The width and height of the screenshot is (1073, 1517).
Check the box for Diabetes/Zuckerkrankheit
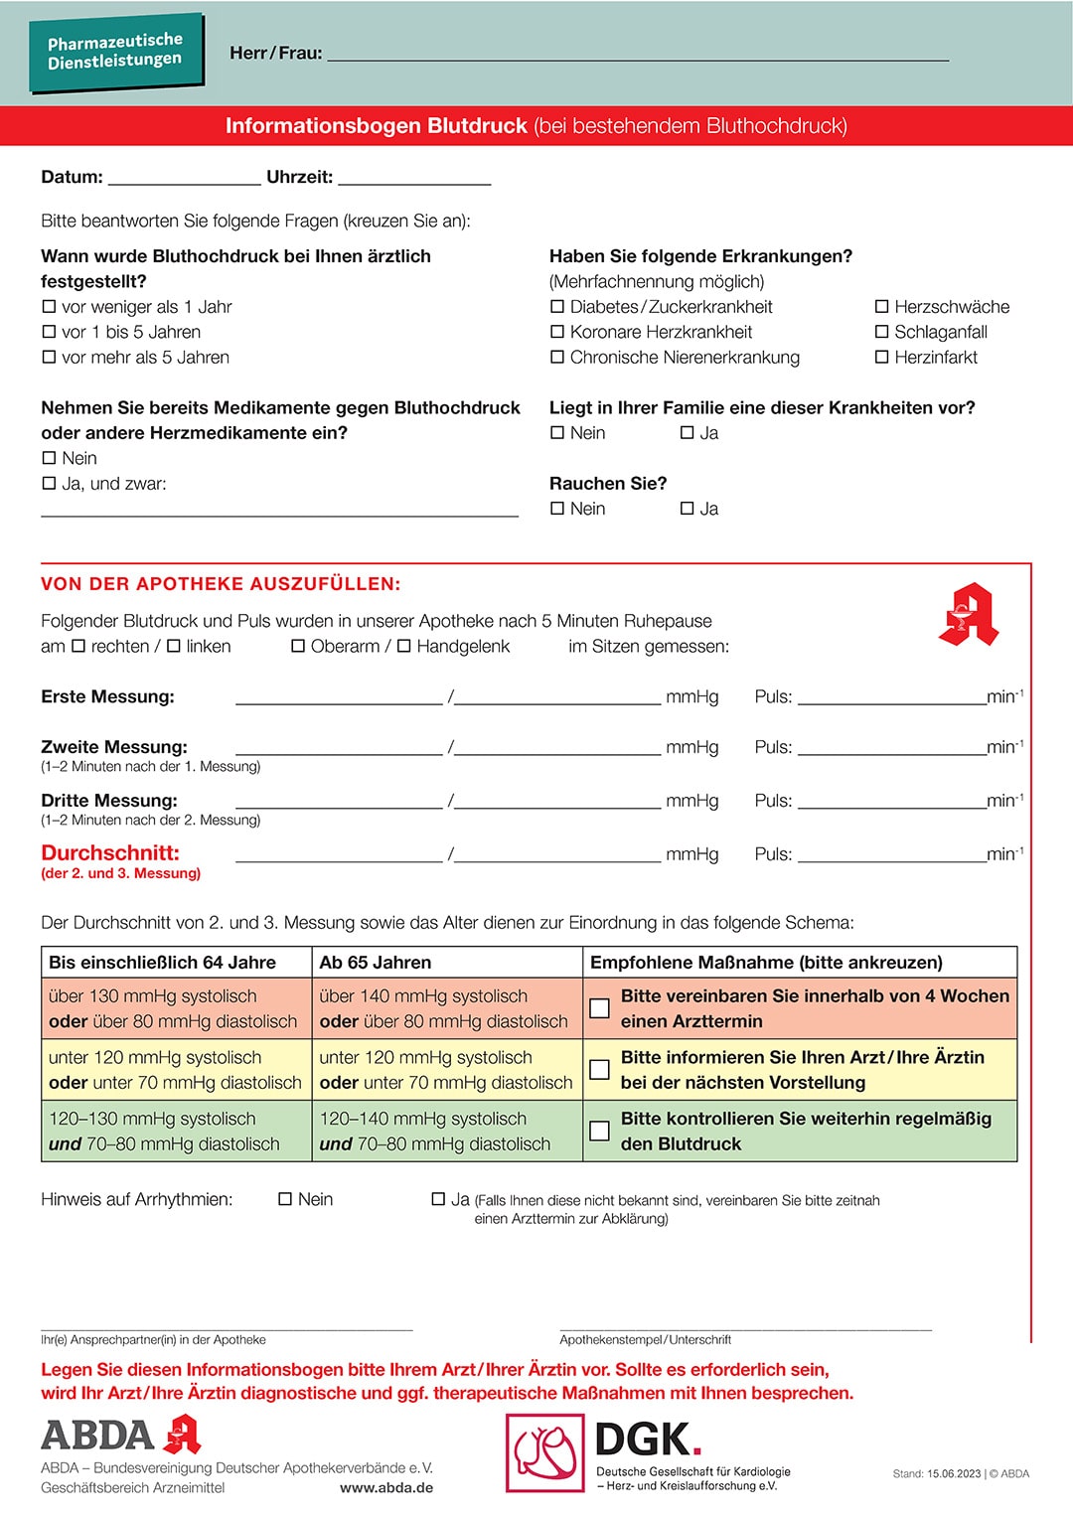pyautogui.click(x=557, y=307)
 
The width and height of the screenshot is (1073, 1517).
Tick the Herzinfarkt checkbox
pyautogui.click(x=881, y=358)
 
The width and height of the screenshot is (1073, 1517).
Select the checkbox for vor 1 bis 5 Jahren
pyautogui.click(x=49, y=332)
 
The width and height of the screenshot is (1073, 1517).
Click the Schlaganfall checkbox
pyautogui.click(x=881, y=332)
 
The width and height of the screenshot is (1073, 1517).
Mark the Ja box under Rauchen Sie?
pyautogui.click(x=687, y=509)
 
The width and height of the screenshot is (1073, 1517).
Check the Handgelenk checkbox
pyautogui.click(x=404, y=646)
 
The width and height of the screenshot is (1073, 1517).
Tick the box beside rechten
pyautogui.click(x=78, y=646)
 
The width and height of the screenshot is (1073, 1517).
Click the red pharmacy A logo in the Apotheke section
pyautogui.click(x=969, y=614)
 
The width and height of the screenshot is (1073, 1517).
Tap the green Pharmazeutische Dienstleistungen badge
pyautogui.click(x=115, y=51)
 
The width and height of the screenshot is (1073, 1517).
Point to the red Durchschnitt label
pyautogui.click(x=110, y=853)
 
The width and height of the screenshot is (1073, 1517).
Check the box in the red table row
pyautogui.click(x=600, y=1008)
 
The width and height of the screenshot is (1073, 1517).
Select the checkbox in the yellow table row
pyautogui.click(x=600, y=1070)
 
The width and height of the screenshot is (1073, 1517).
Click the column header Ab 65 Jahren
pyautogui.click(x=376, y=963)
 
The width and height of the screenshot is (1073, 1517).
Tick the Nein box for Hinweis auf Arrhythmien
pyautogui.click(x=285, y=1199)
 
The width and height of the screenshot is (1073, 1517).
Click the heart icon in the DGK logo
pyautogui.click(x=545, y=1452)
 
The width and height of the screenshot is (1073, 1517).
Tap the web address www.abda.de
pyautogui.click(x=386, y=1488)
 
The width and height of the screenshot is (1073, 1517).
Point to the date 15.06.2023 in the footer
pyautogui.click(x=954, y=1474)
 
